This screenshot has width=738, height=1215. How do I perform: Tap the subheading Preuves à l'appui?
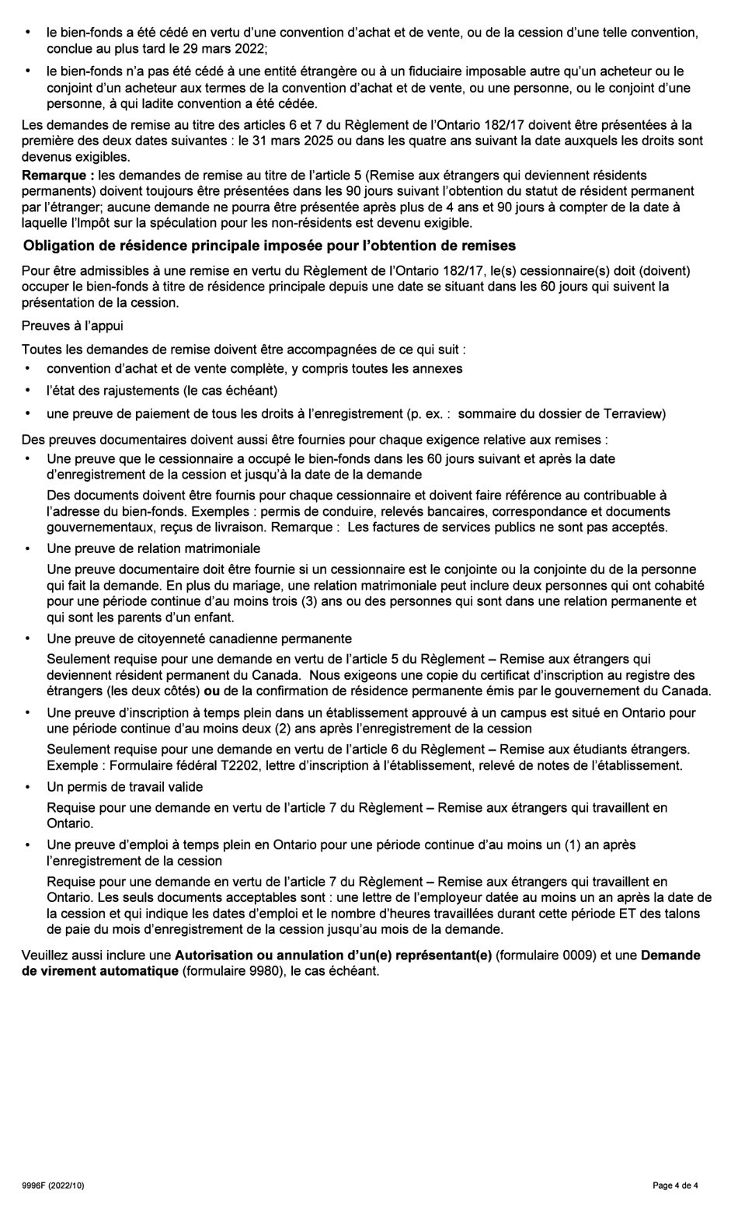tap(72, 326)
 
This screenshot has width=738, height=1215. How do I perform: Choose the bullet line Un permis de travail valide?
tap(124, 787)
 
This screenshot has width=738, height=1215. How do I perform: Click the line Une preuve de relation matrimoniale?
tap(153, 548)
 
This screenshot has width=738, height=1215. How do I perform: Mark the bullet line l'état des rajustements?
tap(162, 391)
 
